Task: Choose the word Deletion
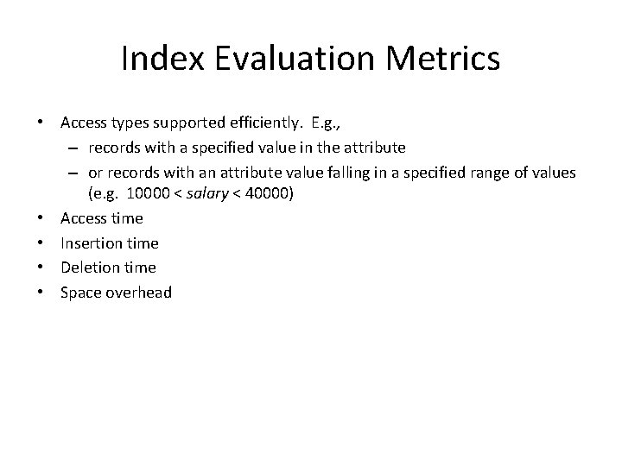point(89,268)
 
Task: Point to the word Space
point(80,293)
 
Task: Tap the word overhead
point(139,293)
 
